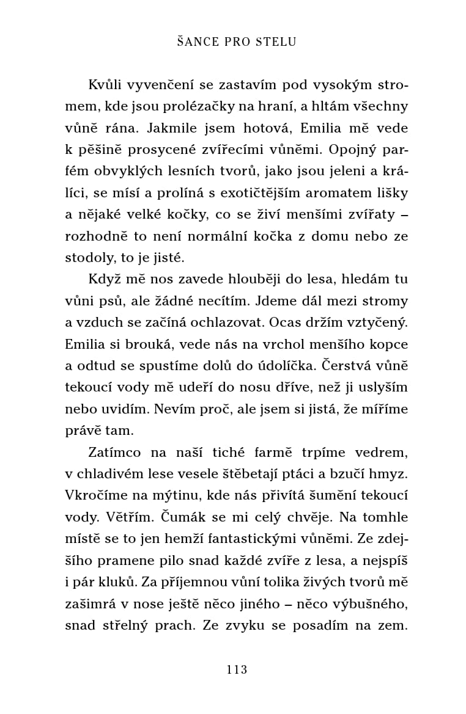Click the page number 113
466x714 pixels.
(236, 669)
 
